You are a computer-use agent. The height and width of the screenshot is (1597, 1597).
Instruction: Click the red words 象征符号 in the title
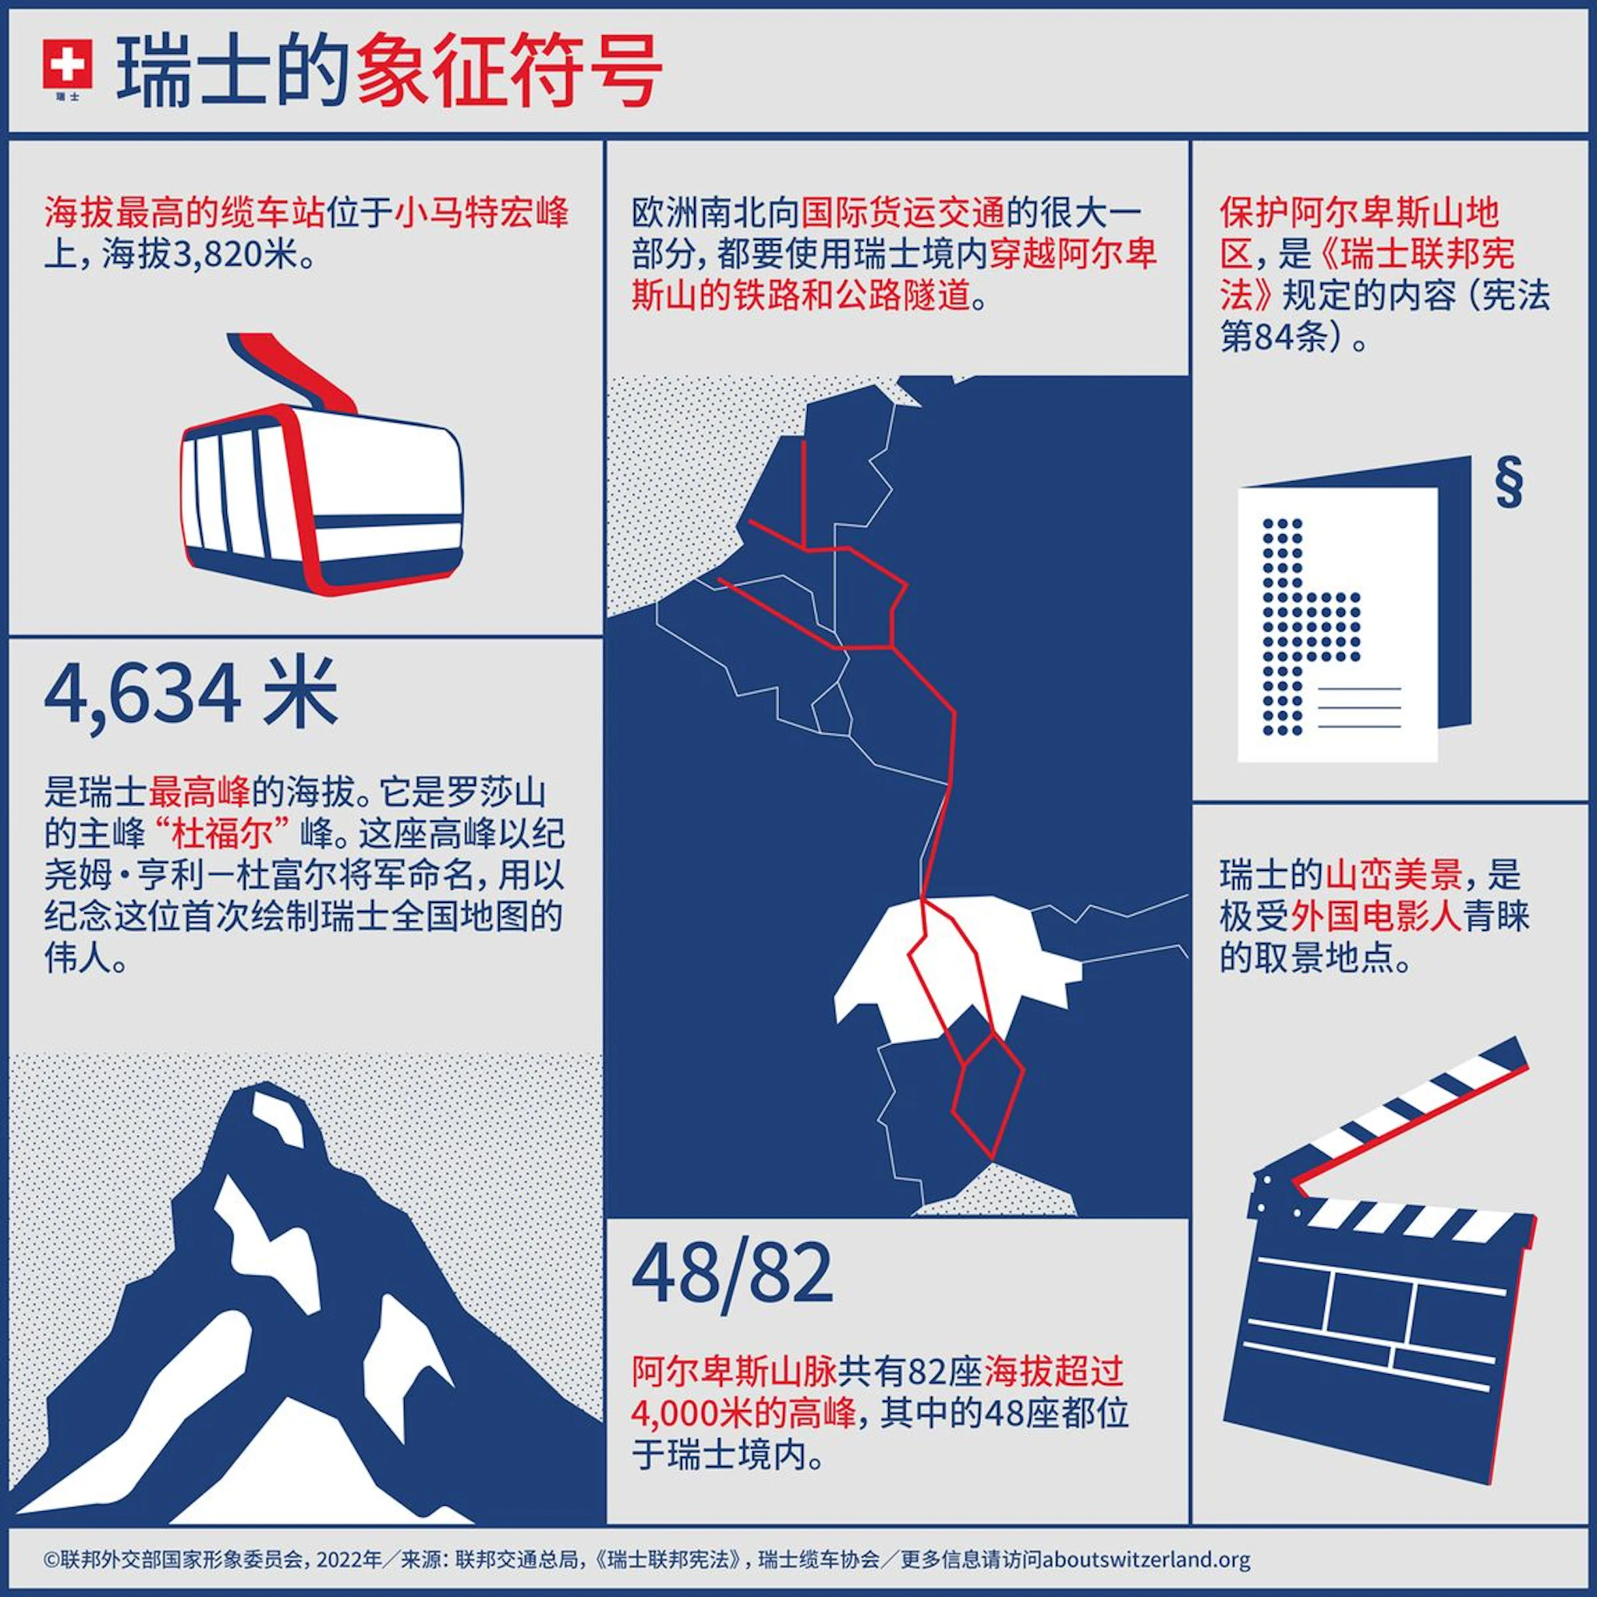(x=509, y=72)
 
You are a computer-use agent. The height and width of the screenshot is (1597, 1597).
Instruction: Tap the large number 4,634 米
(x=191, y=695)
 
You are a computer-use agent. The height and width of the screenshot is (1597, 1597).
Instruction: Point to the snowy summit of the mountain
(x=276, y=1120)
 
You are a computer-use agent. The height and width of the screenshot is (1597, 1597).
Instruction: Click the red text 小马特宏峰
(x=482, y=213)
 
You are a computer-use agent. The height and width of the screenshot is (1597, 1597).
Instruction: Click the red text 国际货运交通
(x=903, y=213)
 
